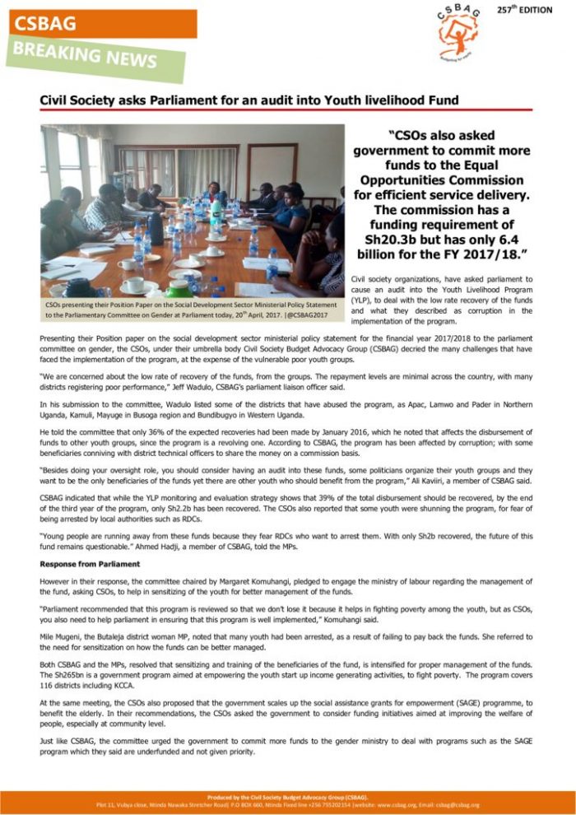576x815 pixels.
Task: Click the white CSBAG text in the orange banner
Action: pyautogui.click(x=44, y=24)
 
